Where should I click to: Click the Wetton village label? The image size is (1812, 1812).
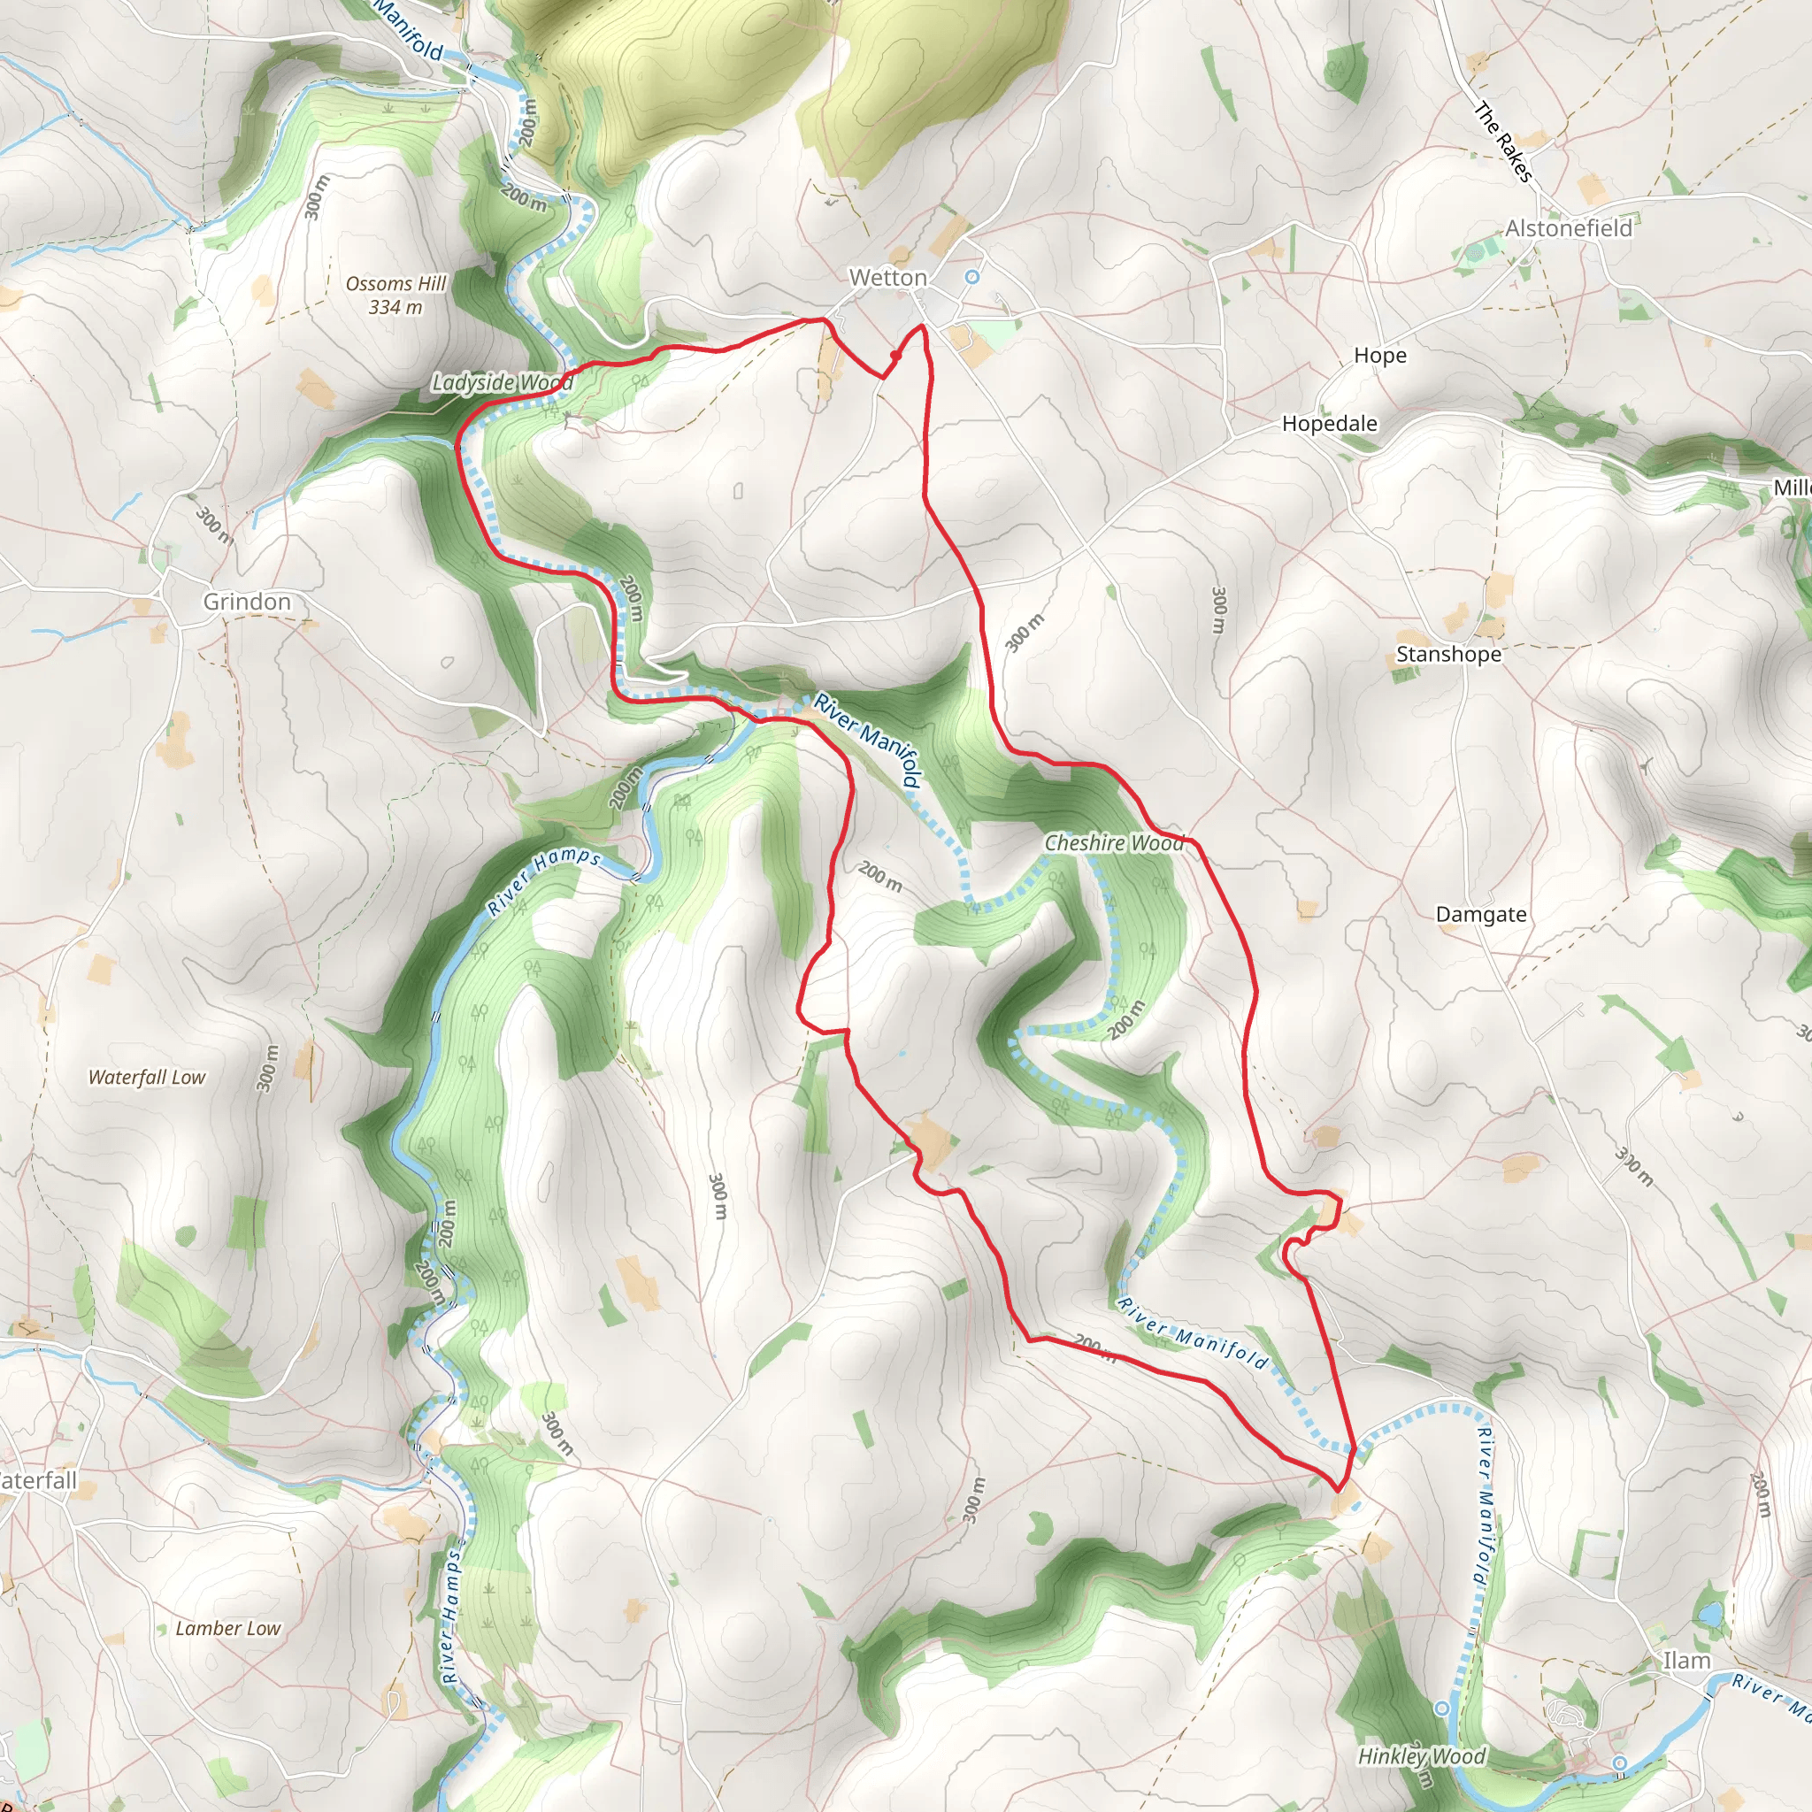tap(887, 278)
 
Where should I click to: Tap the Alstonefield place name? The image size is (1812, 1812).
tap(1568, 228)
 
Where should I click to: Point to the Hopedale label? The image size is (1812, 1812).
tap(1329, 423)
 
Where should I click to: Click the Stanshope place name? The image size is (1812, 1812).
tap(1448, 654)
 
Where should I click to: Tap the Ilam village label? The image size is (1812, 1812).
tap(1686, 1660)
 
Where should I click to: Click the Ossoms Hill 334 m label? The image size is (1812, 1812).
tap(395, 295)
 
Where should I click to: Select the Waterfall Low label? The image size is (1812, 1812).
tap(146, 1078)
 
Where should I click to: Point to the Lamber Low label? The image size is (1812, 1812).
tap(228, 1628)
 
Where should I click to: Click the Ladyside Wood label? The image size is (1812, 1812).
tap(502, 381)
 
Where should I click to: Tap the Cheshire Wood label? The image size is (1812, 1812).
tap(1114, 843)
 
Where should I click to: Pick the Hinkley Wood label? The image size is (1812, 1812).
tap(1422, 1755)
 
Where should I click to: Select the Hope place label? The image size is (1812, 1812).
tap(1379, 356)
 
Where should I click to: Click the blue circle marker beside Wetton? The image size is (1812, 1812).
tap(972, 277)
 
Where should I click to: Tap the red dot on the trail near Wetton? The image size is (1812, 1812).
tap(895, 357)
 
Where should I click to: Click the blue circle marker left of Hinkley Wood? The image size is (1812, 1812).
tap(1442, 1708)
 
